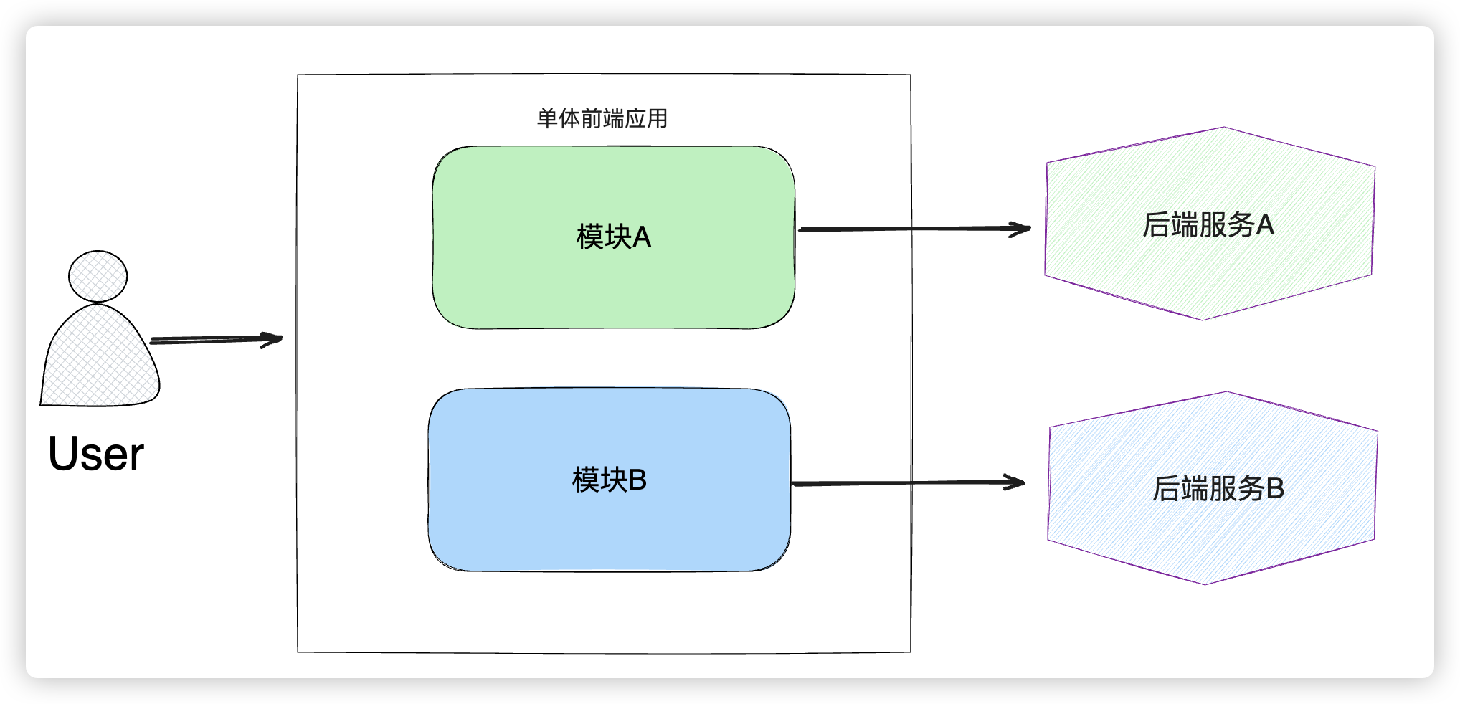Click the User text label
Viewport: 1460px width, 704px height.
tap(96, 454)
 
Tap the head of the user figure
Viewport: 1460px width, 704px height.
tap(98, 276)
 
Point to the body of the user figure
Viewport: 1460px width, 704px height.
tap(100, 358)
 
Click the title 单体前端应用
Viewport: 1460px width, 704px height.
tap(602, 118)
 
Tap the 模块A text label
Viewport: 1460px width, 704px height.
tap(614, 237)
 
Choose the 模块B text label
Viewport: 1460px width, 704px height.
tap(610, 480)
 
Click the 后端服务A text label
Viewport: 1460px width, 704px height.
tap(1208, 225)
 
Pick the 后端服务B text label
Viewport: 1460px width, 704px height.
tap(1218, 489)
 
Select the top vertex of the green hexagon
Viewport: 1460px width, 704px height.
tap(1223, 128)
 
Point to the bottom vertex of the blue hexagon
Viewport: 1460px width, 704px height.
tap(1205, 584)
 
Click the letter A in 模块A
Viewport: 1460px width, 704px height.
tap(642, 237)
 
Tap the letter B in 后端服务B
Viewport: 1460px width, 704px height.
tap(1275, 489)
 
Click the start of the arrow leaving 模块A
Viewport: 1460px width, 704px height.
tap(802, 229)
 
